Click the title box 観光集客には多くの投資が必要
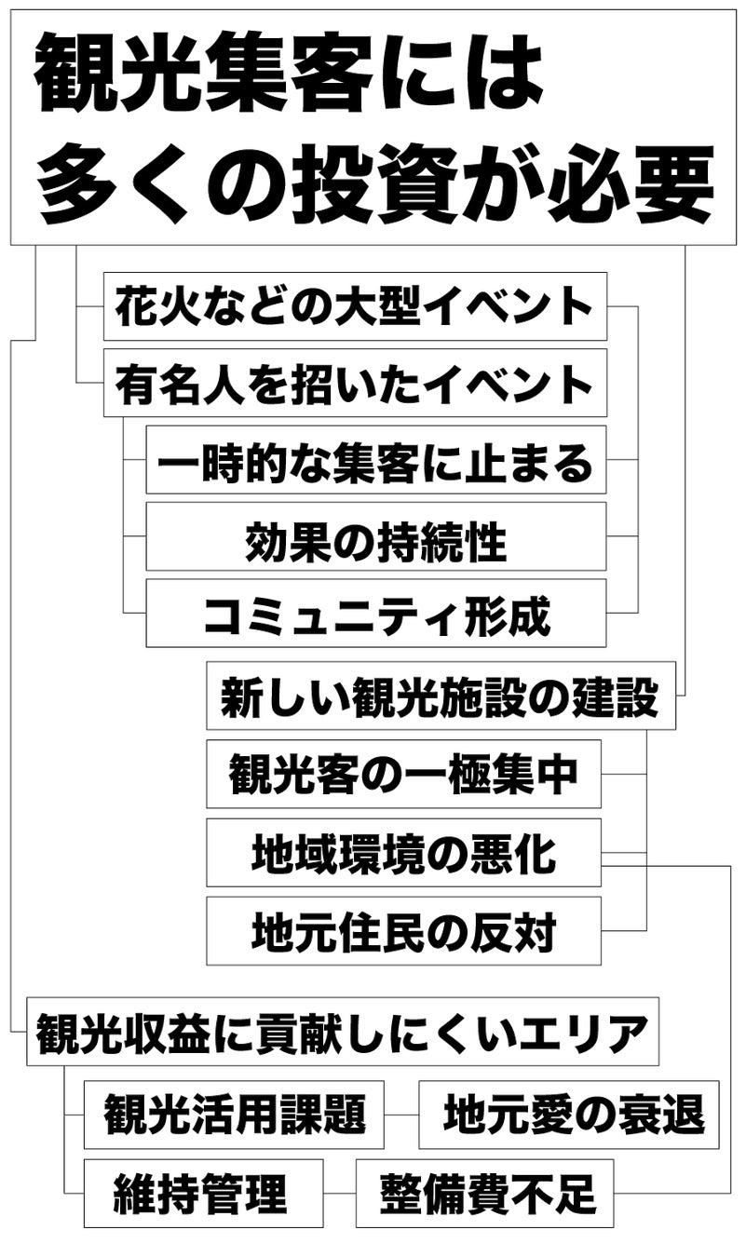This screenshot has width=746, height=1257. pyautogui.click(x=373, y=128)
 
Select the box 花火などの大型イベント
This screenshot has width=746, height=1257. pyautogui.click(x=355, y=306)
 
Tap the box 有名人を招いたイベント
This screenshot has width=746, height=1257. pyautogui.click(x=355, y=383)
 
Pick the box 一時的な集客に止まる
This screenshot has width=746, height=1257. pyautogui.click(x=375, y=460)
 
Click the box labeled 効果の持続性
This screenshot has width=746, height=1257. pyautogui.click(x=375, y=536)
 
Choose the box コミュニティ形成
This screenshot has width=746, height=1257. pyautogui.click(x=375, y=613)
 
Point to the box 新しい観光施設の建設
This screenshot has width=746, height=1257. pyautogui.click(x=441, y=696)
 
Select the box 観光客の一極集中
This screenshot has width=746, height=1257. pyautogui.click(x=403, y=774)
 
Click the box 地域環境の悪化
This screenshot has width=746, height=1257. pyautogui.click(x=403, y=853)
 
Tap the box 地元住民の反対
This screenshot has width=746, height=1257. pyautogui.click(x=403, y=931)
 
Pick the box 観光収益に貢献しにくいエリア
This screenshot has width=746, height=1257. pyautogui.click(x=342, y=1032)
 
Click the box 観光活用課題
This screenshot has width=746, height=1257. pyautogui.click(x=234, y=1115)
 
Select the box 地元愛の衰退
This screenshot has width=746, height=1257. pyautogui.click(x=568, y=1115)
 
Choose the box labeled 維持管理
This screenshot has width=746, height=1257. pyautogui.click(x=203, y=1193)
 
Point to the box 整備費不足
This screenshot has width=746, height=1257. pyautogui.click(x=484, y=1193)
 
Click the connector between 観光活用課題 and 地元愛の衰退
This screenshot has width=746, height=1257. pyautogui.click(x=401, y=1115)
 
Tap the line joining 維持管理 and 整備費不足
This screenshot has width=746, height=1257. pyautogui.click(x=340, y=1193)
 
